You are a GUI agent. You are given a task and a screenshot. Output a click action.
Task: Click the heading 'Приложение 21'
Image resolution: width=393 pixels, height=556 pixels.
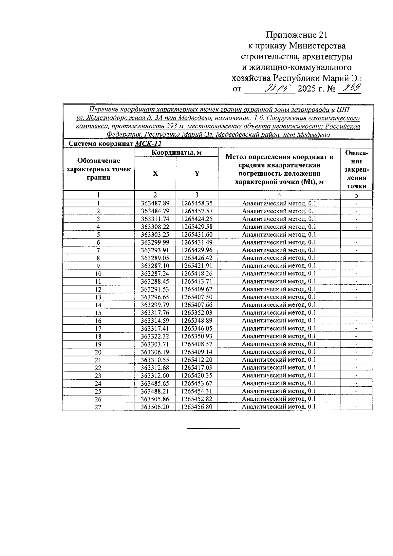click(x=296, y=35)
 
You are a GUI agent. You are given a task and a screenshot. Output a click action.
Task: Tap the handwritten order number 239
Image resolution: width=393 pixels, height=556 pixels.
click(x=349, y=88)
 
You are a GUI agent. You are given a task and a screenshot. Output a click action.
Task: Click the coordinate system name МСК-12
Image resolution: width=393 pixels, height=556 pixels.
click(x=148, y=144)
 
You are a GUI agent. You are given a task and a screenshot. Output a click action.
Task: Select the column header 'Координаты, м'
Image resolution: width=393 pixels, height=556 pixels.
click(x=176, y=152)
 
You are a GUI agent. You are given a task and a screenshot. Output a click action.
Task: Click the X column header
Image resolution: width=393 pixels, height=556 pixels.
click(x=155, y=174)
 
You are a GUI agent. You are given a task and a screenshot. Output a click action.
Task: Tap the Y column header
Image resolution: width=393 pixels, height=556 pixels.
click(x=197, y=174)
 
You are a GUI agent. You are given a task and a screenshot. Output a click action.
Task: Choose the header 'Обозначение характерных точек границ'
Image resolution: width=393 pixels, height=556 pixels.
click(x=99, y=169)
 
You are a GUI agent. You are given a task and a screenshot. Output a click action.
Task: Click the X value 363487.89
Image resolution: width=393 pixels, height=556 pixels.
click(x=155, y=203)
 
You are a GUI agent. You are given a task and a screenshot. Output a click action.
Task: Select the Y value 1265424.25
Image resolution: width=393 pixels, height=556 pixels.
click(x=197, y=219)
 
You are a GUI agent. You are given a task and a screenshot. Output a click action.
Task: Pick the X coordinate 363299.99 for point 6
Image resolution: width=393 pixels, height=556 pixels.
click(x=155, y=242)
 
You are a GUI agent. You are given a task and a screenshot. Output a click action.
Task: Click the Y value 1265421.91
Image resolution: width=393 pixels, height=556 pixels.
click(x=197, y=266)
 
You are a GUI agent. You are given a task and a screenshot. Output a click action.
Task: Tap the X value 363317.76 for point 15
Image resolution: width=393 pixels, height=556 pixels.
click(x=155, y=313)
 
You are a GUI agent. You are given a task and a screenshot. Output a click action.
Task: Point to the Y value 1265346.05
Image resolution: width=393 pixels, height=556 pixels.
click(x=197, y=328)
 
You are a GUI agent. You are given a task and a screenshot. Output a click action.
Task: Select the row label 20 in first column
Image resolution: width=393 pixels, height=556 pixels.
click(x=98, y=352)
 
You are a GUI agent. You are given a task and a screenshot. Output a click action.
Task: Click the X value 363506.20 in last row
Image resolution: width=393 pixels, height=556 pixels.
click(x=155, y=407)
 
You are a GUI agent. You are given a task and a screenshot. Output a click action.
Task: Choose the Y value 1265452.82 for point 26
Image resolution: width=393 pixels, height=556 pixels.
click(x=197, y=399)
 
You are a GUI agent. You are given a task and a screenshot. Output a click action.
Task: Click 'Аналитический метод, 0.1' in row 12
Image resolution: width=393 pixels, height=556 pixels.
click(x=279, y=289)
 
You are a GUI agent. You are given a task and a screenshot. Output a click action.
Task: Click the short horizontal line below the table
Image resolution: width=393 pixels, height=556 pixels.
click(x=214, y=428)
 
